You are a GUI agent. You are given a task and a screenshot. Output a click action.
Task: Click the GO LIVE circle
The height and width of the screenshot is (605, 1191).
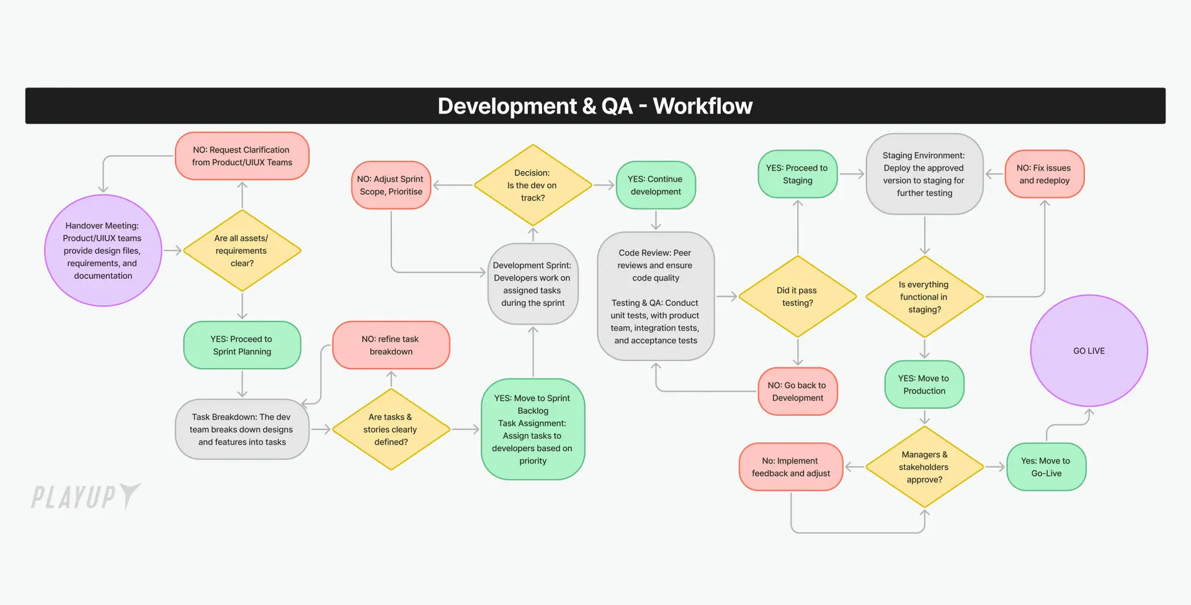pos(1089,351)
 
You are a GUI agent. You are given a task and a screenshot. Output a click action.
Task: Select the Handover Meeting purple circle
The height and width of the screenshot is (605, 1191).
pos(103,251)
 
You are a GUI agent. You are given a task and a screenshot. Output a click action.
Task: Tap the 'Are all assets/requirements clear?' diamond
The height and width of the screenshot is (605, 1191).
pos(242,251)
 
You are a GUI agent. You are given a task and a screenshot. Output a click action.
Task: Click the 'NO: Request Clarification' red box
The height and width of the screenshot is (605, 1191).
pos(242,156)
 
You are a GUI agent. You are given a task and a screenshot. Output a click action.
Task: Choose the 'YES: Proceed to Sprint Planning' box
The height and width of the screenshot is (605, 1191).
pos(242,345)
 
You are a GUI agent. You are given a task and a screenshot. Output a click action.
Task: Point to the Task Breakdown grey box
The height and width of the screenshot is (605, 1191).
pos(242,429)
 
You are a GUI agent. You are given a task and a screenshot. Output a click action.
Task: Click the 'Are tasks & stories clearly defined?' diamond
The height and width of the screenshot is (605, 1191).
pos(391,429)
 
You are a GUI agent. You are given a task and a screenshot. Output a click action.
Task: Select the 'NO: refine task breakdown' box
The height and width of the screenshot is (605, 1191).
pos(391,345)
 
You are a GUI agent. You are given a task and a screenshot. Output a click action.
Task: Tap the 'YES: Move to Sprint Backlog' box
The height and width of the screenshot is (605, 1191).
pos(533,429)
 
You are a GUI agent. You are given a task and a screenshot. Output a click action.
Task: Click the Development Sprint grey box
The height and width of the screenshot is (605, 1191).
pos(533,284)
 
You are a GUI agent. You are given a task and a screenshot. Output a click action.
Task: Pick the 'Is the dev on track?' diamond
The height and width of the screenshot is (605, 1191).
pos(533,185)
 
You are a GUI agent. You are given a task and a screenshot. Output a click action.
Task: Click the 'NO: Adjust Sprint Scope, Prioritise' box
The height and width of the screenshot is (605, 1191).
pos(391,185)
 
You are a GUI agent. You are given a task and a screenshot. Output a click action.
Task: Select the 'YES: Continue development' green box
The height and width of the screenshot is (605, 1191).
pos(656,185)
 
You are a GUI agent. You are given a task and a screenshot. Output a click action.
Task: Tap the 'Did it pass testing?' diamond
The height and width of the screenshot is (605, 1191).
pos(798,297)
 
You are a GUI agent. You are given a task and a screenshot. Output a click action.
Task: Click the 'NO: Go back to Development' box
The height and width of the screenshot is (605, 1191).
pos(798,392)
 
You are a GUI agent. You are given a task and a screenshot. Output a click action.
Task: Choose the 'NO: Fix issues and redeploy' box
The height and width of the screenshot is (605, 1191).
pos(1045,174)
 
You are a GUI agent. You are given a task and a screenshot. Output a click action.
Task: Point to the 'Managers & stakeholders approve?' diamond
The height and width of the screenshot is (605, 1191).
pos(924,467)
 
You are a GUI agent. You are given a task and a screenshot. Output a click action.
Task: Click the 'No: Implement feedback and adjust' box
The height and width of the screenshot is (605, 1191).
pos(791,467)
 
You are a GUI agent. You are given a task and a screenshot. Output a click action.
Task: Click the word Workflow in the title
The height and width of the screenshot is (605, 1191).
pos(703,106)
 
